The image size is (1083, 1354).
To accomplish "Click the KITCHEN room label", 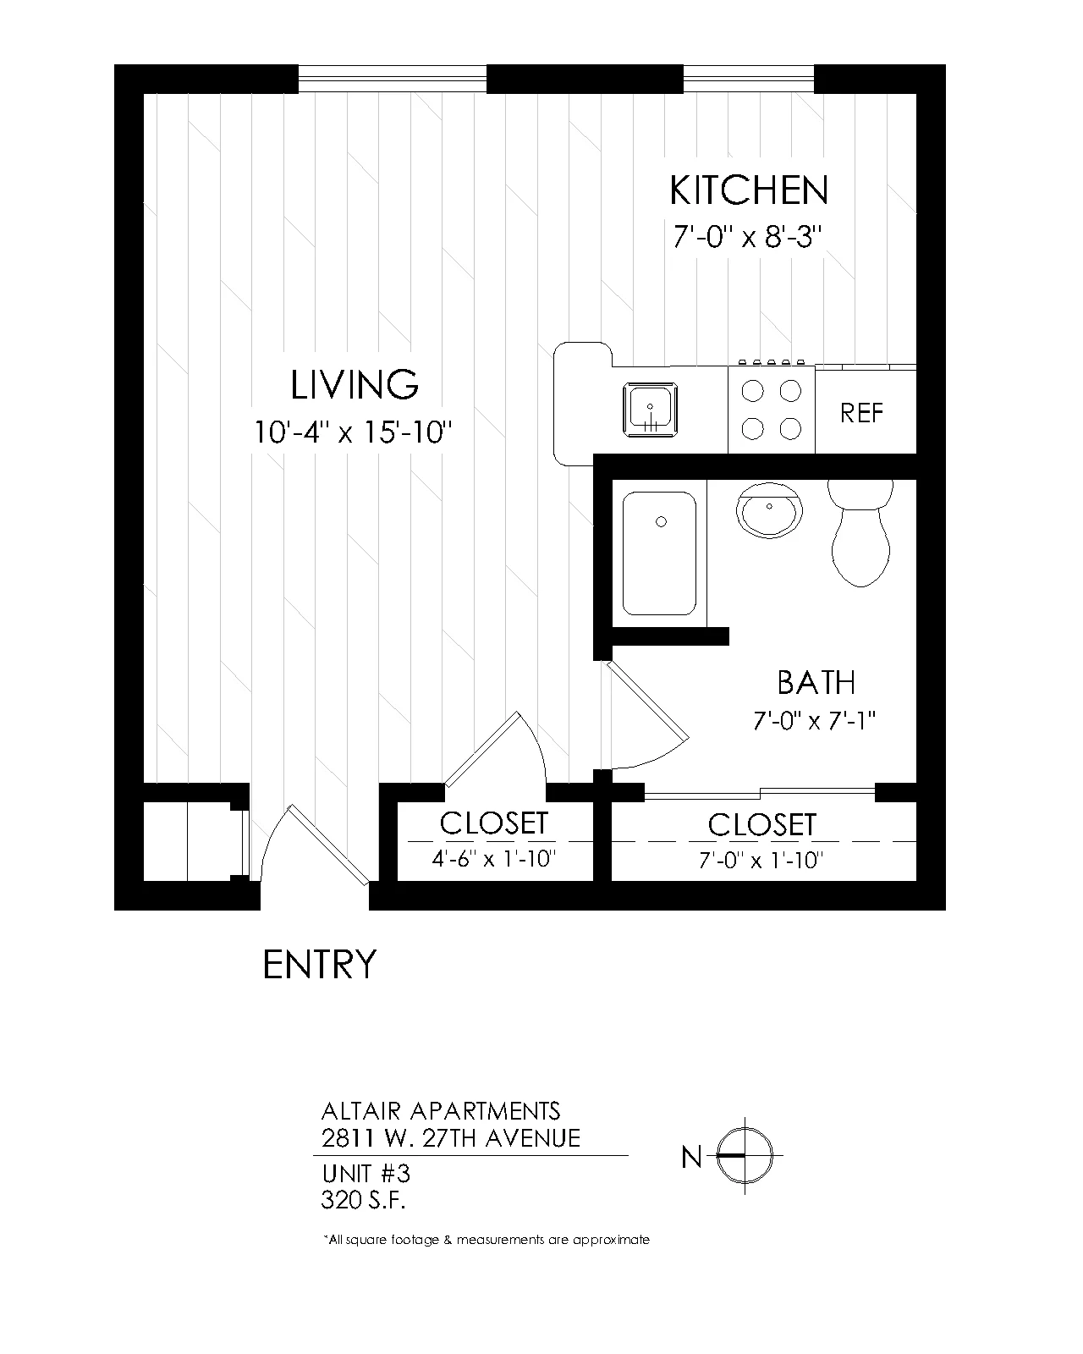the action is (x=748, y=190).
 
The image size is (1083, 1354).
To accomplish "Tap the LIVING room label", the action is (x=355, y=384).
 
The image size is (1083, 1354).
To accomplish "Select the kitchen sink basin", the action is (x=650, y=409).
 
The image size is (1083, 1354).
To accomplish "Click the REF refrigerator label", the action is (x=861, y=413).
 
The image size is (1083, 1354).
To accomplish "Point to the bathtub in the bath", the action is (x=659, y=553).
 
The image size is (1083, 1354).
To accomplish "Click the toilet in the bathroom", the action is (x=860, y=533).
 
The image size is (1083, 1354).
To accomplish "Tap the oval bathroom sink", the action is (x=769, y=509).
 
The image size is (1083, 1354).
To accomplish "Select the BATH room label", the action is (x=816, y=683).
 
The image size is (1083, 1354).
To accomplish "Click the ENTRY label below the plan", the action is (x=319, y=965).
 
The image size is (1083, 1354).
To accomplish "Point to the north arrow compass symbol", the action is (x=745, y=1156).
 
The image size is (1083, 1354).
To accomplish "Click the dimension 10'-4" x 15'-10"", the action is (x=353, y=432).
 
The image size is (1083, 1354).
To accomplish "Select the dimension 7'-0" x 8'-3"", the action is (x=748, y=237).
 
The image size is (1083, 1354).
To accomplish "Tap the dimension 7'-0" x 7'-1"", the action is (x=814, y=720).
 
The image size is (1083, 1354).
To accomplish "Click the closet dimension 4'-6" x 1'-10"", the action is (x=494, y=858).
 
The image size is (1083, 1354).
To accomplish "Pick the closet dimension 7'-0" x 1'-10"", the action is (x=761, y=860).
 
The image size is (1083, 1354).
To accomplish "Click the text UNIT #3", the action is (x=366, y=1174).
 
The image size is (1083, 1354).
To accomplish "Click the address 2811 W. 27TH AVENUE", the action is (x=451, y=1139).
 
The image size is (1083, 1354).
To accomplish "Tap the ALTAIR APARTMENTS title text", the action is (x=441, y=1112).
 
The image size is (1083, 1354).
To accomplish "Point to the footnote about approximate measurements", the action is (x=487, y=1240).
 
